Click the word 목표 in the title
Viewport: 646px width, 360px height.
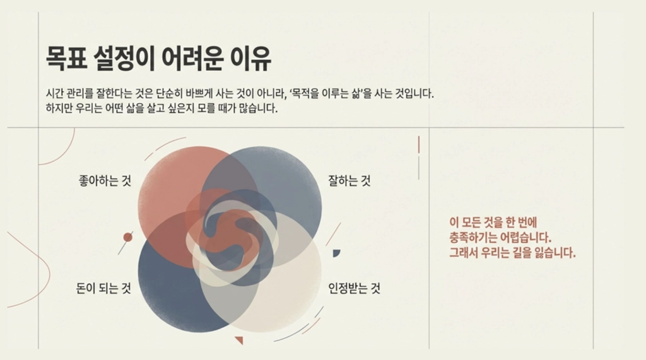pyautogui.click(x=66, y=59)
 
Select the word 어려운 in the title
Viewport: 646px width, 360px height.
pyautogui.click(x=192, y=59)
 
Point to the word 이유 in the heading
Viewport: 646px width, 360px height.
pyautogui.click(x=250, y=59)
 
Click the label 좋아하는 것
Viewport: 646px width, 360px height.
pyautogui.click(x=105, y=180)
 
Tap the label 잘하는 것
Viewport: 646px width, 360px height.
pyautogui.click(x=349, y=180)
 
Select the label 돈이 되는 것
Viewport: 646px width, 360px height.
pyautogui.click(x=103, y=288)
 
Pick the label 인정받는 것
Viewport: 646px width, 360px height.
pyautogui.click(x=354, y=288)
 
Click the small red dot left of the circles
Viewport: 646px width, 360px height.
pyautogui.click(x=128, y=237)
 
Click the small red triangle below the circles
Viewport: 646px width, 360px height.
pyautogui.click(x=239, y=340)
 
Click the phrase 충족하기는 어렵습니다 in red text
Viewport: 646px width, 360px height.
pyautogui.click(x=500, y=238)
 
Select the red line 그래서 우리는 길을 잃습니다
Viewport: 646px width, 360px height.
pyautogui.click(x=512, y=252)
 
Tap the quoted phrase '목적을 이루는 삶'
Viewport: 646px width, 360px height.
pyautogui.click(x=326, y=93)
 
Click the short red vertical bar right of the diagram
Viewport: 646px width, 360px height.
pyautogui.click(x=419, y=145)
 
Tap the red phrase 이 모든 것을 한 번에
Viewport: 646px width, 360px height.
pyautogui.click(x=493, y=223)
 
